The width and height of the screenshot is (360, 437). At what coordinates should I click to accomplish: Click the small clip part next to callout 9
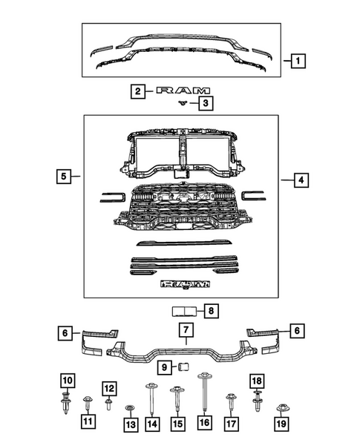[183, 366]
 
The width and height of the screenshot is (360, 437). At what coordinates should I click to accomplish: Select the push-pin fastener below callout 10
[66, 401]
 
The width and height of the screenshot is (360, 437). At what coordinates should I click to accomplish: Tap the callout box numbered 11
[88, 422]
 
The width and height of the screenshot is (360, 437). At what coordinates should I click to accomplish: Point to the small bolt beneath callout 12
[108, 404]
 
